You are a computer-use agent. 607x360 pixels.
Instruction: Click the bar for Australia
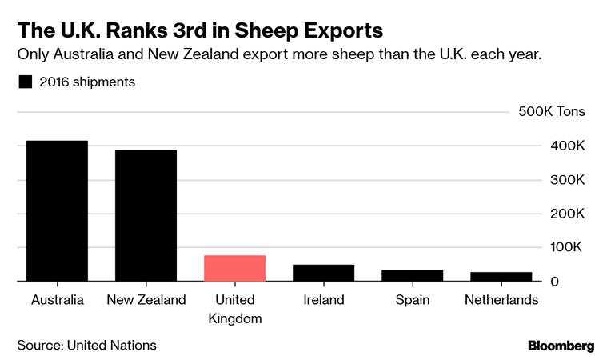57,211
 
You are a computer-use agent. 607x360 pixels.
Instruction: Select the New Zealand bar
146,216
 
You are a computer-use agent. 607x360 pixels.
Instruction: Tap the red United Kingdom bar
234,269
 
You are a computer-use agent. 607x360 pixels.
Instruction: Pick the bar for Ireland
323,273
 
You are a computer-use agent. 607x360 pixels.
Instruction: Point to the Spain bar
412,276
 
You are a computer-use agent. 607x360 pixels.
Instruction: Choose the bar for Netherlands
501,277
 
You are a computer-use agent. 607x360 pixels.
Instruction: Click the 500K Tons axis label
552,112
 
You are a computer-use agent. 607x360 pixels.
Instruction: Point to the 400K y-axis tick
566,146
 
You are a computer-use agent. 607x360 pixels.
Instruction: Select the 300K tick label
566,180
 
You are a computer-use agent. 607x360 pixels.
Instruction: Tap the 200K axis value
566,214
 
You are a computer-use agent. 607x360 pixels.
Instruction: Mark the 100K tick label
566,248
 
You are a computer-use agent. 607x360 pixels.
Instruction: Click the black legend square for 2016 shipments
25,82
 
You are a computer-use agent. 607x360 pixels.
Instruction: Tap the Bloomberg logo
561,346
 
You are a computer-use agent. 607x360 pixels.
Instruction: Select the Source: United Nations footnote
86,346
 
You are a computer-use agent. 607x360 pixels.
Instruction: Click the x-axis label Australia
57,301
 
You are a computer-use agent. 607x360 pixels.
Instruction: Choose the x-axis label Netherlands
501,301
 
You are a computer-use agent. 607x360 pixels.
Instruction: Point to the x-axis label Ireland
323,301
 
